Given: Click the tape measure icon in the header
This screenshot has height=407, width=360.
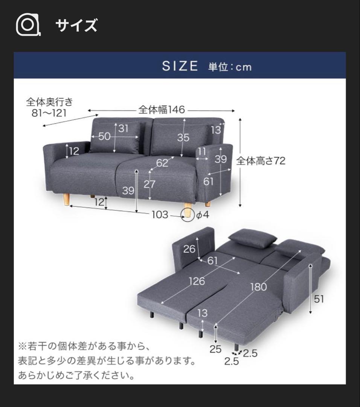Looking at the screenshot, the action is pyautogui.click(x=28, y=25).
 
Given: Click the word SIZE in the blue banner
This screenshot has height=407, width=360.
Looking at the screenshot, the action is pyautogui.click(x=180, y=66).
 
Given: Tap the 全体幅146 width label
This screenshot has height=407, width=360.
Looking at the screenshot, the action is pyautogui.click(x=162, y=110).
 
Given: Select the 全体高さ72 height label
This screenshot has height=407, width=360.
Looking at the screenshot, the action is pyautogui.click(x=261, y=161).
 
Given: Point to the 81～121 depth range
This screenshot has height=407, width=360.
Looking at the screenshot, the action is pyautogui.click(x=49, y=113).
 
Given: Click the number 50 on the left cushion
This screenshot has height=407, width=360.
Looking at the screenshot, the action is pyautogui.click(x=105, y=136).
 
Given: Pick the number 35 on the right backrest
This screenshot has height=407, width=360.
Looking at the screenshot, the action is pyautogui.click(x=183, y=137).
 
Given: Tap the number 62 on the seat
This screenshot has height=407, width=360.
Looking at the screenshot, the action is pyautogui.click(x=162, y=163).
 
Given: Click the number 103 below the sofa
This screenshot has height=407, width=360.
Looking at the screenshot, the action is pyautogui.click(x=160, y=215).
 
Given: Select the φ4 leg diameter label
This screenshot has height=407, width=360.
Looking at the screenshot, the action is pyautogui.click(x=203, y=215).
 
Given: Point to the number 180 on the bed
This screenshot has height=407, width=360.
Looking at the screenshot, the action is pyautogui.click(x=258, y=287).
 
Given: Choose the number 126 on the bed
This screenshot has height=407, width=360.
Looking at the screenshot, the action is pyautogui.click(x=197, y=281).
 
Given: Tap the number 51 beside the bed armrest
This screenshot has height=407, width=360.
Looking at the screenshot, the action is pyautogui.click(x=319, y=299).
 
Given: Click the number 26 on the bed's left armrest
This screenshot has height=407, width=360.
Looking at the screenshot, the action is pyautogui.click(x=189, y=249).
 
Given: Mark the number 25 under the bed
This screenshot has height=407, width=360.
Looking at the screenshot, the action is pyautogui.click(x=215, y=349).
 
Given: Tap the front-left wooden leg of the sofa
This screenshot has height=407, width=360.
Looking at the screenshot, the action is pyautogui.click(x=67, y=200).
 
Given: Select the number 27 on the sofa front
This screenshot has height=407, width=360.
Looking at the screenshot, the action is pyautogui.click(x=149, y=184).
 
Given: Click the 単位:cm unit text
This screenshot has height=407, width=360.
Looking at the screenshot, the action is pyautogui.click(x=230, y=67).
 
